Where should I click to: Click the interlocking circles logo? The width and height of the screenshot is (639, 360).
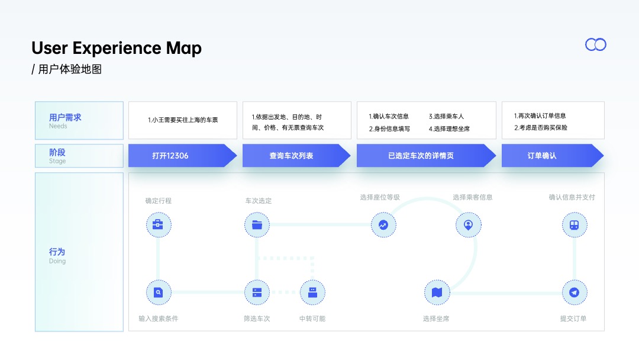click(x=595, y=44)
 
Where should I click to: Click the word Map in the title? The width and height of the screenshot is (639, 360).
click(x=183, y=49)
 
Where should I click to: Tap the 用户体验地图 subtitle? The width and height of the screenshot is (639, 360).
click(x=70, y=69)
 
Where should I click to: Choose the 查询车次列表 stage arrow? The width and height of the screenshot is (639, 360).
click(x=296, y=155)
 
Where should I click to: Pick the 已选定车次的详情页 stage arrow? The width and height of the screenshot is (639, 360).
click(x=426, y=155)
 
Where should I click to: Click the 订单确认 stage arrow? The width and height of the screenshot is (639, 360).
click(x=553, y=155)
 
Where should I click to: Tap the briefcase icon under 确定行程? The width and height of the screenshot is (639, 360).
click(x=159, y=224)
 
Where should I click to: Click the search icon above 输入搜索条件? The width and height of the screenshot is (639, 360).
click(x=159, y=292)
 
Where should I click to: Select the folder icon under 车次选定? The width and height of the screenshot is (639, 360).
click(x=257, y=224)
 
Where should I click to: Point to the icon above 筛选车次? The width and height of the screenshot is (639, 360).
click(x=257, y=292)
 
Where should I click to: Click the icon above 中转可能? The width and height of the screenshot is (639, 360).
click(x=312, y=292)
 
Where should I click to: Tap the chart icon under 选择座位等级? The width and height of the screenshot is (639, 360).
click(x=383, y=224)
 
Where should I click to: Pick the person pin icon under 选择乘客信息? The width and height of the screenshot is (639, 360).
click(x=468, y=224)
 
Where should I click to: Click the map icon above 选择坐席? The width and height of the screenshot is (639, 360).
click(x=437, y=292)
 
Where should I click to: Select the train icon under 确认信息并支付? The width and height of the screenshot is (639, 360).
click(x=574, y=224)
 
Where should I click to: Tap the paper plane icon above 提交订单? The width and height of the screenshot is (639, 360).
click(x=574, y=292)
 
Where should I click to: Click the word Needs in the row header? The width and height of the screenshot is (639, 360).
click(x=58, y=126)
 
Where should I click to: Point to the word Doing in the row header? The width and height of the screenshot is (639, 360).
click(x=57, y=261)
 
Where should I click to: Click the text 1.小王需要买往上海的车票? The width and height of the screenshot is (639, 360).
click(x=183, y=120)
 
